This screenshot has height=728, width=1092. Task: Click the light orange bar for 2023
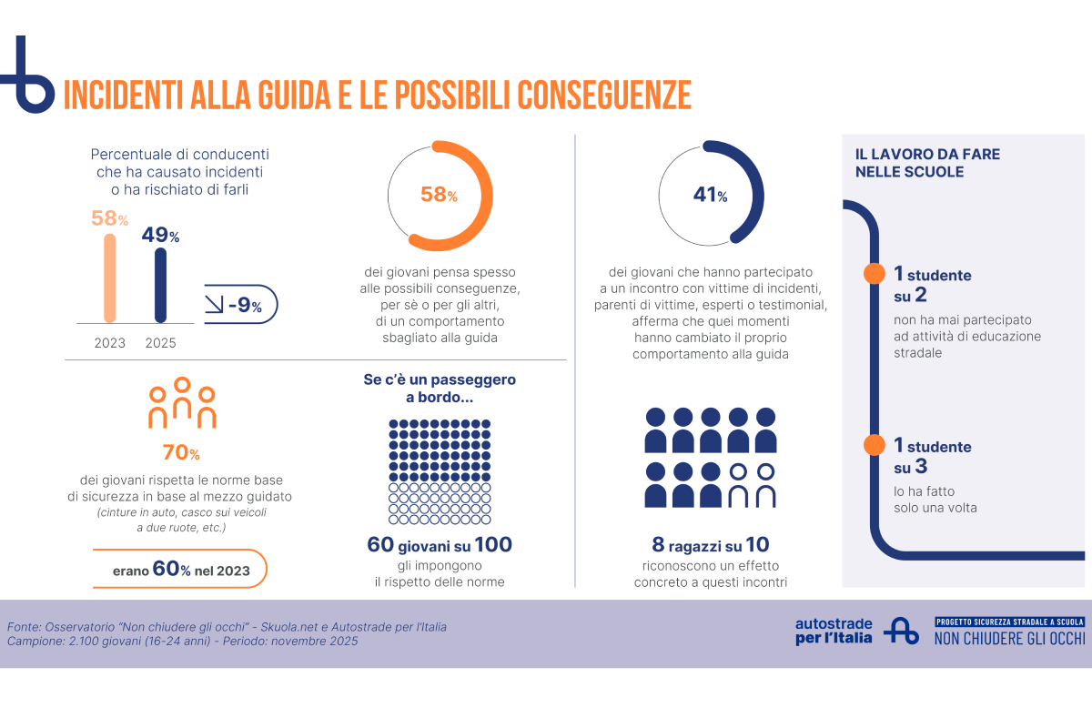tap(110, 278)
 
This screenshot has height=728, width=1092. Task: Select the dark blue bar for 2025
tap(160, 284)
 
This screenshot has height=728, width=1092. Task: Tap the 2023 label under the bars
tap(110, 344)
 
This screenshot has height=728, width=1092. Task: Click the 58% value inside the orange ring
tap(438, 195)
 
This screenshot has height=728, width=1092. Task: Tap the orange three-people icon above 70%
tap(182, 402)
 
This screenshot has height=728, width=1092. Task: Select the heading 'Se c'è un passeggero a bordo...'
tap(440, 389)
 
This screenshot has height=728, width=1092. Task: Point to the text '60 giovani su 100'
tap(440, 545)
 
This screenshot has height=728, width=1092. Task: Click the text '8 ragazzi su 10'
tap(711, 545)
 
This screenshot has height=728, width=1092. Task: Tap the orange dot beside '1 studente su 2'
tap(874, 273)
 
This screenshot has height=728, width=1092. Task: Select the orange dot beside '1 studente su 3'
tap(874, 445)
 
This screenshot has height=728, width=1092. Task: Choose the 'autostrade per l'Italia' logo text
tap(834, 631)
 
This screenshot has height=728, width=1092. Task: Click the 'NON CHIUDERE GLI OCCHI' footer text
tap(1009, 638)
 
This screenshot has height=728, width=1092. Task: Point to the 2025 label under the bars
tap(160, 344)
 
